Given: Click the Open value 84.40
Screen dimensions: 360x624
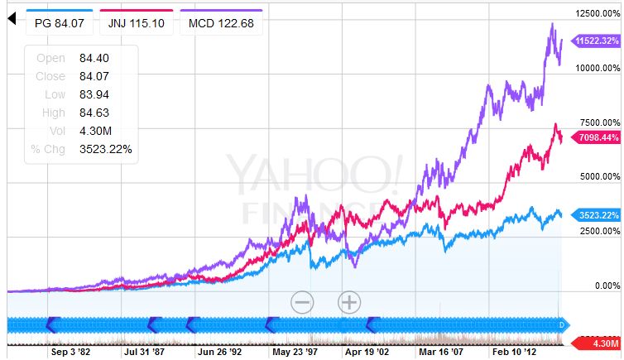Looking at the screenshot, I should click(x=94, y=58).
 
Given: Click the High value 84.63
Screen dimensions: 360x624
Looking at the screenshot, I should click(x=94, y=113).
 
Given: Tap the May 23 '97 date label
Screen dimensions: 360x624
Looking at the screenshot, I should click(x=295, y=351).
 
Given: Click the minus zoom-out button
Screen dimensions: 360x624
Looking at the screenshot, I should click(x=302, y=302).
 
